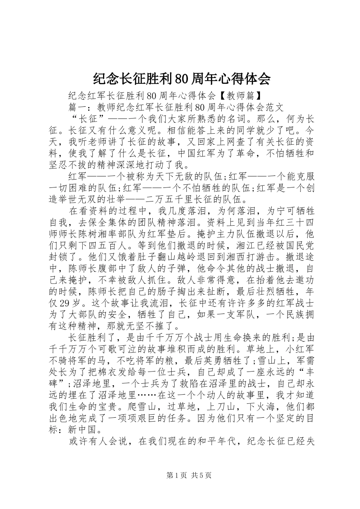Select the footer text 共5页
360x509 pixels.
202,475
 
